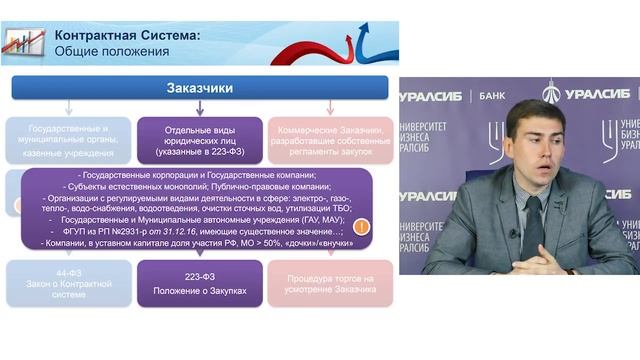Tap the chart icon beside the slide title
[23, 42]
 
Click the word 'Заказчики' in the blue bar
[199, 88]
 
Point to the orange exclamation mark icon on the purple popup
[361, 227]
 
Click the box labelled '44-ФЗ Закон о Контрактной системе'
[68, 283]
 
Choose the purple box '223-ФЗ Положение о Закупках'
[199, 283]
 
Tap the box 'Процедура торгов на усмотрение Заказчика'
[330, 283]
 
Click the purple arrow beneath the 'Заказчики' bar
[199, 108]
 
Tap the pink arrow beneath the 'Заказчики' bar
[330, 108]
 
